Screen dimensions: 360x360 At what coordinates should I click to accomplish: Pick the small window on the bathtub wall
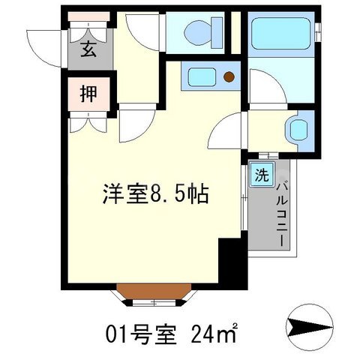pos(319,31)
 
